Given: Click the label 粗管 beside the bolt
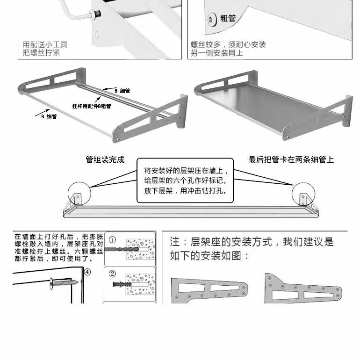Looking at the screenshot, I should (x=228, y=19).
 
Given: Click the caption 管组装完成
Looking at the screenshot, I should (x=105, y=160).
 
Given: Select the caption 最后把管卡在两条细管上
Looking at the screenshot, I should (x=291, y=160).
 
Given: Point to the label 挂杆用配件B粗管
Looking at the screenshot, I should (x=92, y=106).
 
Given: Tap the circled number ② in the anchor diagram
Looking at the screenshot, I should (x=112, y=274).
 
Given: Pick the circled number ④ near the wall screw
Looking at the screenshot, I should (x=87, y=272).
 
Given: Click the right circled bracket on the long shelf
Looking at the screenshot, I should (x=302, y=194).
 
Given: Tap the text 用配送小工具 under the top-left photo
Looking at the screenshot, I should (x=45, y=45).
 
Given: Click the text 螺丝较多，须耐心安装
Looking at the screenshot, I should (x=228, y=45).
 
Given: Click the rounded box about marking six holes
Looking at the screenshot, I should (x=185, y=180).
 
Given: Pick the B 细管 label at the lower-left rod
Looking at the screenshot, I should (x=49, y=116).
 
